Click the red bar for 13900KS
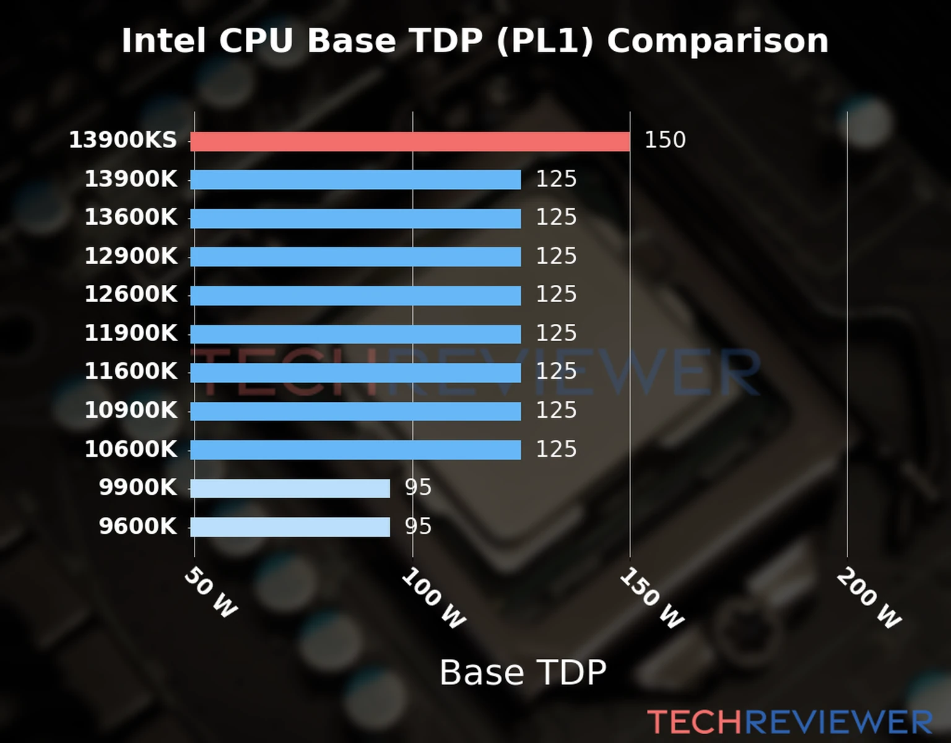point(409,141)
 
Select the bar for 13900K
point(355,180)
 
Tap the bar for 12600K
point(355,295)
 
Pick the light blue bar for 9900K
point(290,488)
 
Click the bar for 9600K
point(290,527)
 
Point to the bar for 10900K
point(355,411)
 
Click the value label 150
point(665,140)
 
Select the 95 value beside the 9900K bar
point(418,488)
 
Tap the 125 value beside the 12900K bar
point(556,256)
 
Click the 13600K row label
point(131,217)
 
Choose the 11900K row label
point(131,333)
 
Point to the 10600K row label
point(131,449)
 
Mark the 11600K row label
point(131,371)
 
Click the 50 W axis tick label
point(211,593)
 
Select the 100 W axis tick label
point(433,598)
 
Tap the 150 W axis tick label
point(652,598)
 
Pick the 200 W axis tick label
point(869,598)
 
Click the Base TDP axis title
point(523,672)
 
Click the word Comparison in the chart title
point(717,41)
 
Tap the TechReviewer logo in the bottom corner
point(789,722)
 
